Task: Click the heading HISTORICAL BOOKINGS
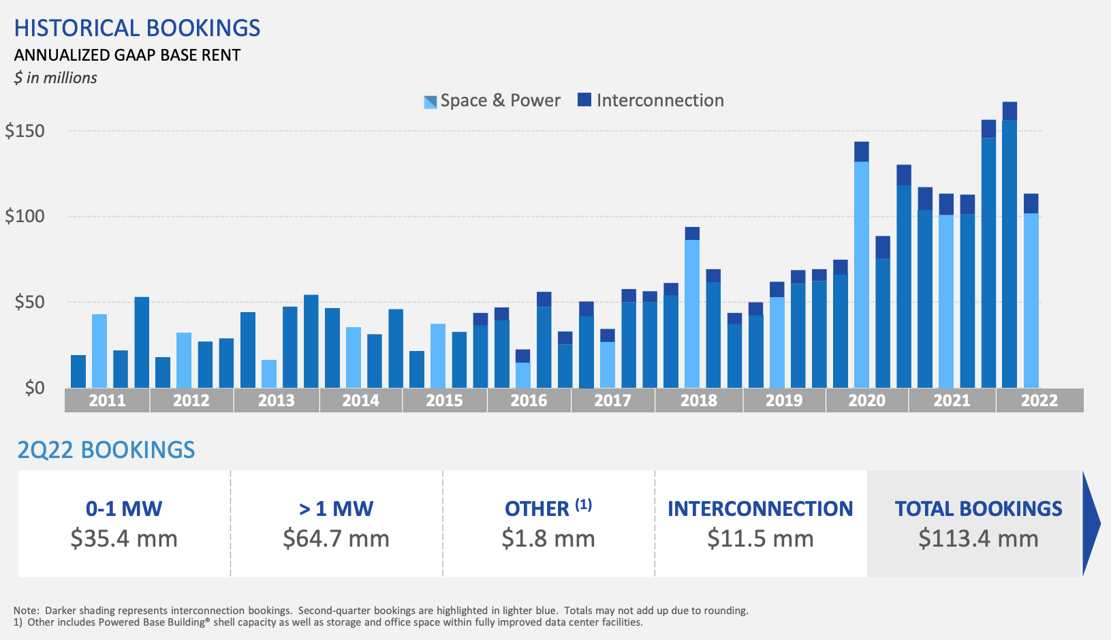(137, 28)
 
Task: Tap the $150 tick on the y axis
(25, 130)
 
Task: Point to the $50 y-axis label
(29, 302)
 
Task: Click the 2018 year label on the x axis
(698, 400)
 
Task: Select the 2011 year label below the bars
(107, 400)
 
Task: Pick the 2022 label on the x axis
(1039, 400)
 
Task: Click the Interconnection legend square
(584, 100)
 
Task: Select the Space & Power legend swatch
(430, 102)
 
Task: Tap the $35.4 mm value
(124, 538)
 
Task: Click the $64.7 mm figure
(336, 538)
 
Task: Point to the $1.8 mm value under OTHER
(548, 538)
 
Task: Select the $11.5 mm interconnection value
(760, 538)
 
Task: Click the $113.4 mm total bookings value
(978, 538)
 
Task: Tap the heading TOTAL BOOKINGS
(978, 508)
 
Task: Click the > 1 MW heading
(336, 508)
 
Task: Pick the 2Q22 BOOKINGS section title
(106, 450)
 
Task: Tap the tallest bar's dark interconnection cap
(1010, 111)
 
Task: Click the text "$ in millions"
(56, 78)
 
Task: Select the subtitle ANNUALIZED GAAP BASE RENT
(127, 55)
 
